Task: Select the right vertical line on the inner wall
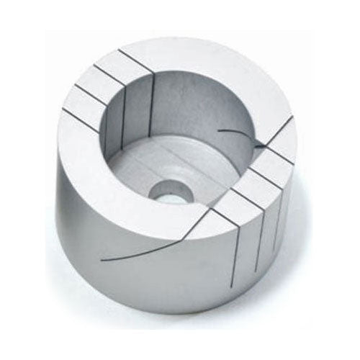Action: [x=154, y=108]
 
